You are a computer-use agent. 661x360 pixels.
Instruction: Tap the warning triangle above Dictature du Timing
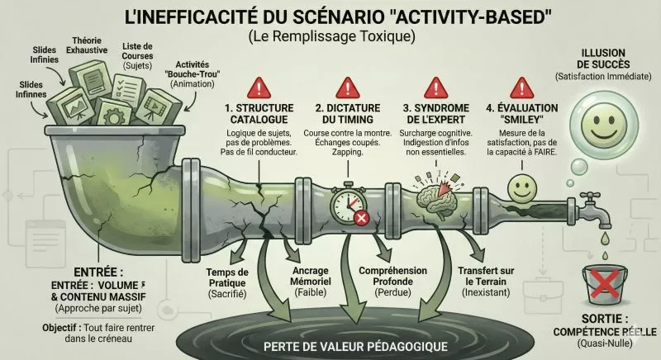pos(346,86)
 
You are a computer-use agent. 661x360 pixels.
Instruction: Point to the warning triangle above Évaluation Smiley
pos(521,86)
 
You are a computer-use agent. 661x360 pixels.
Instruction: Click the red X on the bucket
pos(607,286)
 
